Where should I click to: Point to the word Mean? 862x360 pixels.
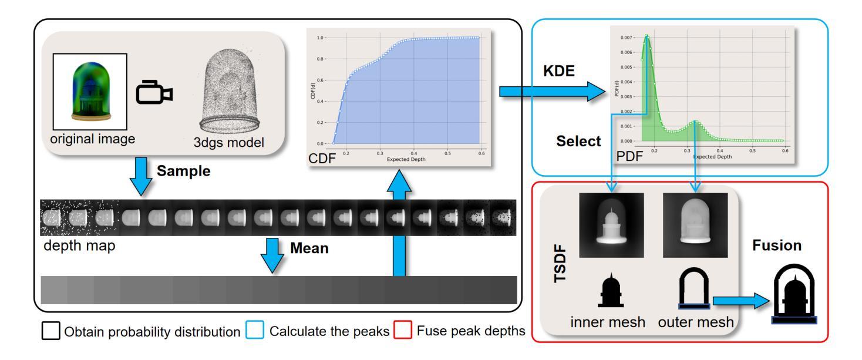(309, 247)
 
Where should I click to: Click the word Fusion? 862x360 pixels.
(777, 245)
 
